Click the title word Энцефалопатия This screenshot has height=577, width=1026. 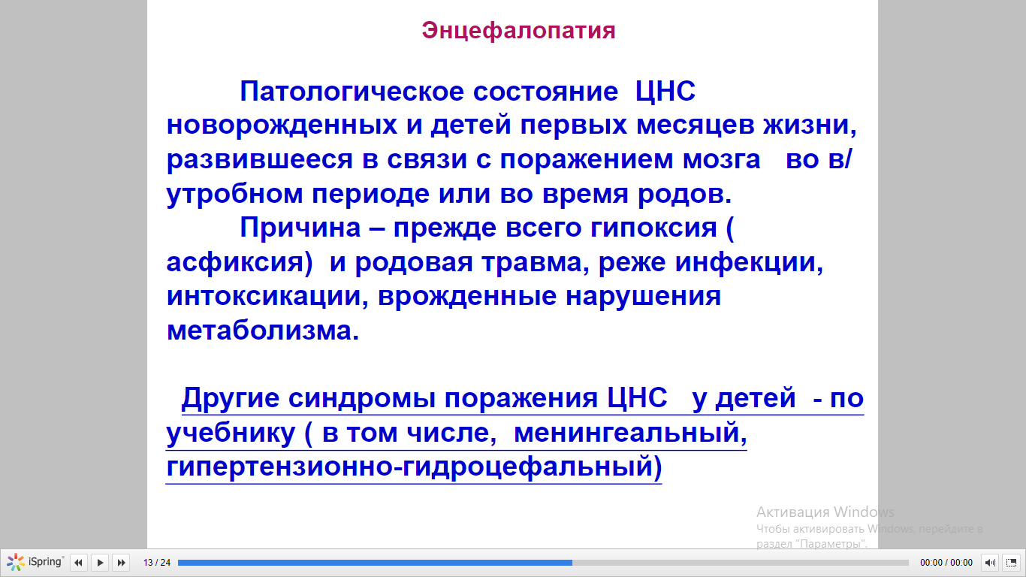tap(518, 31)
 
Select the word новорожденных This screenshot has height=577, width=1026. tap(282, 125)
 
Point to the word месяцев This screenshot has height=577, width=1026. tap(695, 125)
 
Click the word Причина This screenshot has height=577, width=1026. tap(300, 228)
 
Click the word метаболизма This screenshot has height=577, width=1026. tap(263, 331)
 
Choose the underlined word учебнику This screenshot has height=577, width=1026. tap(231, 433)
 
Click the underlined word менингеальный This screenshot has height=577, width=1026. tap(630, 433)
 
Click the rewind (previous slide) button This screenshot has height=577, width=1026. tap(78, 562)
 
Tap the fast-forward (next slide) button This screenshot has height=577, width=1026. tap(122, 562)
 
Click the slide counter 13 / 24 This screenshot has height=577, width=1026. tap(157, 562)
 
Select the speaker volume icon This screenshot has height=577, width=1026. tap(990, 562)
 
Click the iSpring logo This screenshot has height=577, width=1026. tap(35, 562)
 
